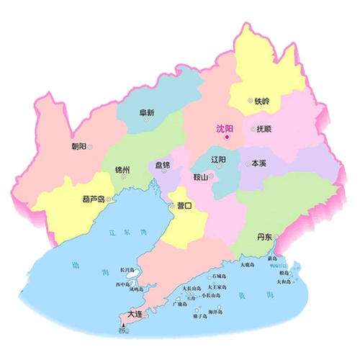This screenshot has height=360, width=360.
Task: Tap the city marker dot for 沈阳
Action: click(226, 137)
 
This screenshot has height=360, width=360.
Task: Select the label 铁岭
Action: click(261, 102)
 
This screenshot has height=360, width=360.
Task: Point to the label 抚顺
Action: click(262, 130)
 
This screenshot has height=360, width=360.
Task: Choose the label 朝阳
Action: click(78, 146)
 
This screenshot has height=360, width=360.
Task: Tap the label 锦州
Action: click(122, 170)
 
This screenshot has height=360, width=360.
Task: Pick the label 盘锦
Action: click(162, 165)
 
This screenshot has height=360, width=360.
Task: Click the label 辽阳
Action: click(219, 159)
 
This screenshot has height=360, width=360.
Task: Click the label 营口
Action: click(184, 206)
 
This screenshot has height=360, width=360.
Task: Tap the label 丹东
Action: click(264, 236)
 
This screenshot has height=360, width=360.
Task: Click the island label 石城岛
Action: click(218, 276)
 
